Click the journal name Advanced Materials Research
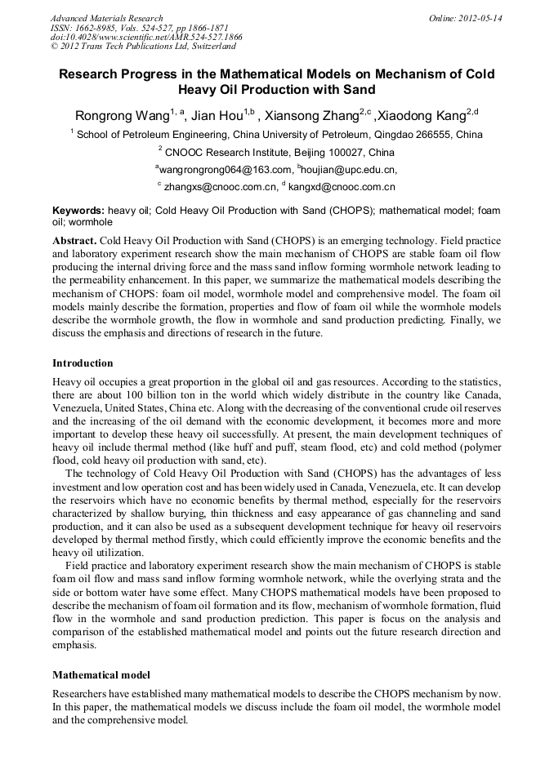click(106, 18)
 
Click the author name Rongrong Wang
click(118, 115)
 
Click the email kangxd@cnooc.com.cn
click(342, 187)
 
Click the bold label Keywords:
click(78, 211)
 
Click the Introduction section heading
click(83, 363)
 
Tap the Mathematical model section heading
click(101, 675)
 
